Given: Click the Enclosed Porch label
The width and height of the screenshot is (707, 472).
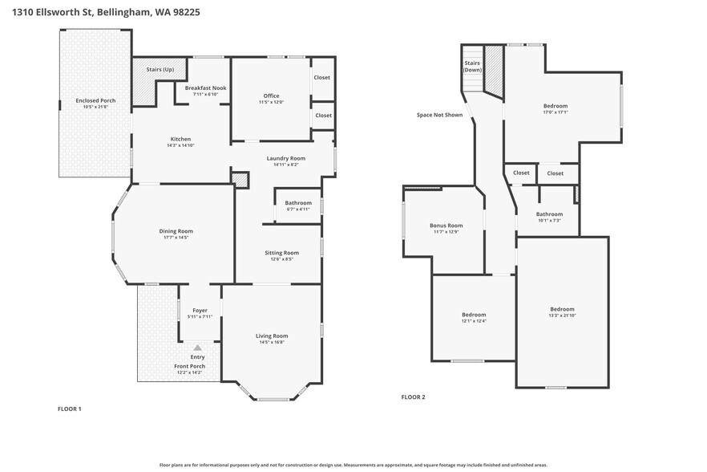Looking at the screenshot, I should [x=96, y=100].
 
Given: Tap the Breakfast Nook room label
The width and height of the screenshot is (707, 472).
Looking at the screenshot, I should [x=206, y=87].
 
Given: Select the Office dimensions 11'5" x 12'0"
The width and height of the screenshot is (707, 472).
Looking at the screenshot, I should [x=271, y=103].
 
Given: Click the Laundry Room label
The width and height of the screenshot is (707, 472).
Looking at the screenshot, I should [x=286, y=158].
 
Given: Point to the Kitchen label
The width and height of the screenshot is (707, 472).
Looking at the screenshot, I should [x=180, y=139].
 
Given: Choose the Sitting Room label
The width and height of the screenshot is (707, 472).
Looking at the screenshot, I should [x=281, y=253].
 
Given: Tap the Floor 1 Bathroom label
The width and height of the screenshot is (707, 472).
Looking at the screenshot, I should [x=298, y=203].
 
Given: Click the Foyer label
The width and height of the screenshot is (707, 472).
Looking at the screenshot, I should [x=200, y=311].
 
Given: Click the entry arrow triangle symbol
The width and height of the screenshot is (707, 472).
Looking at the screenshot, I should [x=197, y=347].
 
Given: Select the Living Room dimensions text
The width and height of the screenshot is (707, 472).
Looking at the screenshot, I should [x=272, y=343].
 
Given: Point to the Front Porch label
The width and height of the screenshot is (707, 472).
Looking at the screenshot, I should [x=191, y=366].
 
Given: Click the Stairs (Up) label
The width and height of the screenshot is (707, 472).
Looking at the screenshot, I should [x=160, y=70].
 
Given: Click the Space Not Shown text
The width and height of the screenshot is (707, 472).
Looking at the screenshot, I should [x=439, y=115].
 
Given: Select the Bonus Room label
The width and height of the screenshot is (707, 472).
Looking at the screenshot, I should [x=447, y=226].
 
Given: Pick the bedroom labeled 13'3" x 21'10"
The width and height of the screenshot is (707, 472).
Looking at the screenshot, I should [x=562, y=310].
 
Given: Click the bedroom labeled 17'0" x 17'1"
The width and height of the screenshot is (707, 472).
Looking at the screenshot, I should [x=555, y=106].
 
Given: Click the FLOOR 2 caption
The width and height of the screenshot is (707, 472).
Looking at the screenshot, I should [x=413, y=397].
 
